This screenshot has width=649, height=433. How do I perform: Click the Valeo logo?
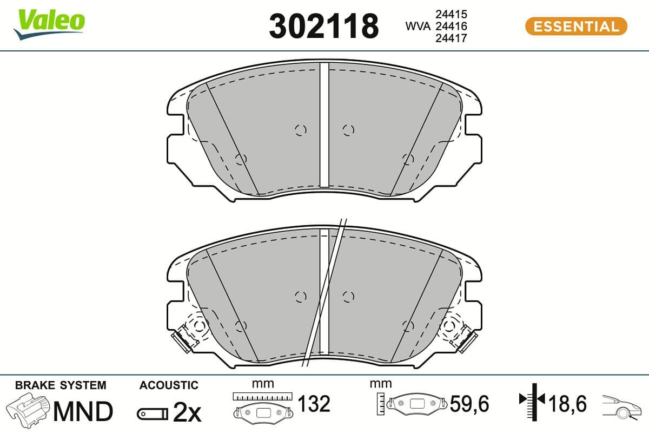click(x=49, y=24)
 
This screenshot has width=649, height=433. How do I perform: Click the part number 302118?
click(x=323, y=26)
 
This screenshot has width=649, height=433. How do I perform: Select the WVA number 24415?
click(x=451, y=14)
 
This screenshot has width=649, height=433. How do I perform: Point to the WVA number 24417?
click(x=451, y=38)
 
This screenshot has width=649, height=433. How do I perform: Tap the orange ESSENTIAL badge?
click(x=577, y=27)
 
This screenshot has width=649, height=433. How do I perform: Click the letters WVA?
click(x=418, y=27)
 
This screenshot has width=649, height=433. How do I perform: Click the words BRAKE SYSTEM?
click(x=61, y=385)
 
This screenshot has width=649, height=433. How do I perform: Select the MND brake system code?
click(x=83, y=411)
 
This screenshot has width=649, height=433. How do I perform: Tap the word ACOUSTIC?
click(x=169, y=385)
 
